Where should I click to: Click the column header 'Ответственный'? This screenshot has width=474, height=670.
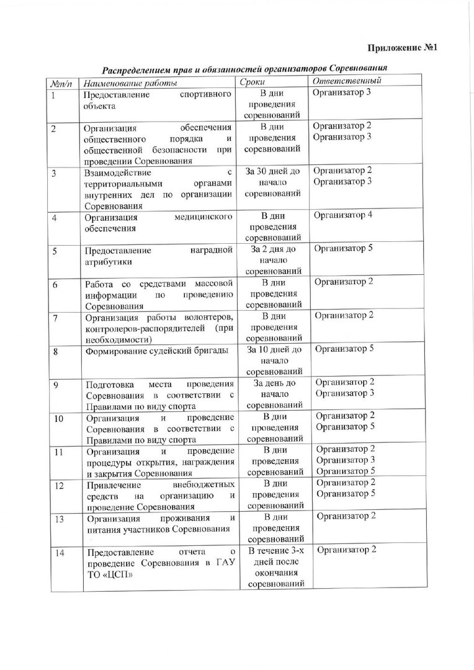(347, 81)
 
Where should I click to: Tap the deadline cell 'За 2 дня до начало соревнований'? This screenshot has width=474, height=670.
(273, 260)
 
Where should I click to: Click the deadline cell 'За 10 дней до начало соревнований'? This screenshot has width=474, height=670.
(273, 360)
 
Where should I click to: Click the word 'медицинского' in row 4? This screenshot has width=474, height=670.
(205, 218)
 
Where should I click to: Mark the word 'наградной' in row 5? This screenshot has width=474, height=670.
(212, 251)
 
